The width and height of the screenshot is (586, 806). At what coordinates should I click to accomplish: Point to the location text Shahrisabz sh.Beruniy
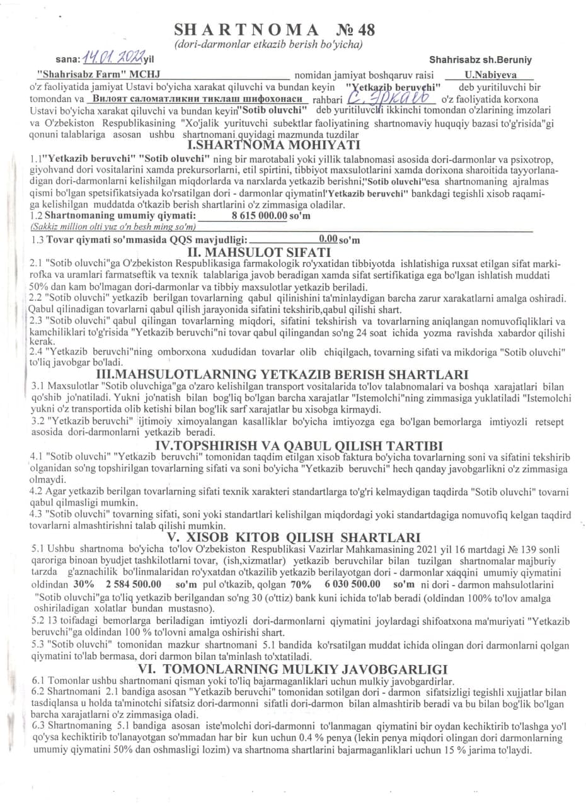click(x=481, y=60)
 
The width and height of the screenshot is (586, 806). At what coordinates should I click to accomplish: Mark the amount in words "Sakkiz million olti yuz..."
click(x=108, y=226)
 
